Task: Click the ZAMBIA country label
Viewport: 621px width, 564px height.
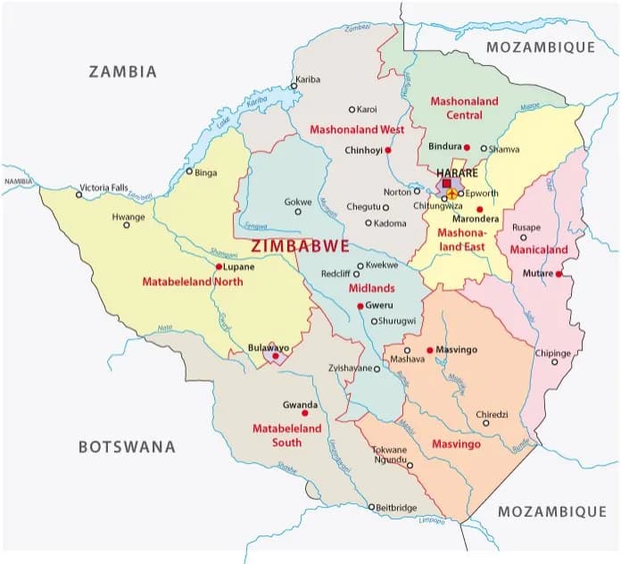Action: tap(122, 71)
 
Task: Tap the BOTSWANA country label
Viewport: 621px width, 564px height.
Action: tap(126, 447)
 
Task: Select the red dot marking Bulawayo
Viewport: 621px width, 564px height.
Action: tap(276, 356)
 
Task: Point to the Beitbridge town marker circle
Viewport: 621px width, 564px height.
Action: tap(372, 507)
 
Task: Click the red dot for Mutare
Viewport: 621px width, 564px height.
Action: tap(559, 274)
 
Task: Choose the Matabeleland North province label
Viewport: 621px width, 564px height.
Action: tap(192, 282)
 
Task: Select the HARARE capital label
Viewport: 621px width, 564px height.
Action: tap(456, 172)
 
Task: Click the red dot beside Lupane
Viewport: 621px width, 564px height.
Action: tap(219, 266)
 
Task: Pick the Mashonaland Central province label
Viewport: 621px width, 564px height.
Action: tap(464, 108)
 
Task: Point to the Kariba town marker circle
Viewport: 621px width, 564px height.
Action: tap(298, 88)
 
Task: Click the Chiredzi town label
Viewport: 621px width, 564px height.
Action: tap(496, 414)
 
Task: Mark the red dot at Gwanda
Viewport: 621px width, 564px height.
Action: tap(305, 413)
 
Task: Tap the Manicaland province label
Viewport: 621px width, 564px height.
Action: tap(539, 250)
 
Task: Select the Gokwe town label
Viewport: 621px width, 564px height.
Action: tap(298, 202)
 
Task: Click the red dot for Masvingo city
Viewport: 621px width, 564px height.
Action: tap(429, 350)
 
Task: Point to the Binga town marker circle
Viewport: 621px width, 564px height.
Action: tap(189, 171)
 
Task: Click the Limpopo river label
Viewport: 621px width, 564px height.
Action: tap(431, 519)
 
